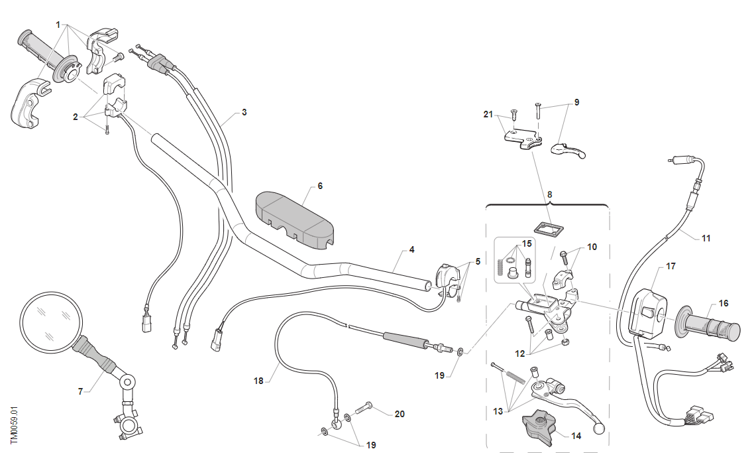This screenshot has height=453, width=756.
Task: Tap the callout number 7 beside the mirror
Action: (x=81, y=391)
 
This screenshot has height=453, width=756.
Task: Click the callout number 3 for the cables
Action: (x=244, y=113)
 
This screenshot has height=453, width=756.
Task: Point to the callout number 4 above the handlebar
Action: (x=411, y=250)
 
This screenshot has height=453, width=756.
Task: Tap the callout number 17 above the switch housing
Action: (x=671, y=267)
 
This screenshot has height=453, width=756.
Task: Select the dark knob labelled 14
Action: (x=537, y=427)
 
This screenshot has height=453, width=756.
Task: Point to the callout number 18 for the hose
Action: (x=259, y=381)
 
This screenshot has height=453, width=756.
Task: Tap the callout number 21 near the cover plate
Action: (x=488, y=115)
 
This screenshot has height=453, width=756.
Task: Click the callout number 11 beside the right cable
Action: (x=706, y=237)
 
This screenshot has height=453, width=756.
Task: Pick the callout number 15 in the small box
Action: (x=527, y=243)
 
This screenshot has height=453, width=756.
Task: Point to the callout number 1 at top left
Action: (x=58, y=25)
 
